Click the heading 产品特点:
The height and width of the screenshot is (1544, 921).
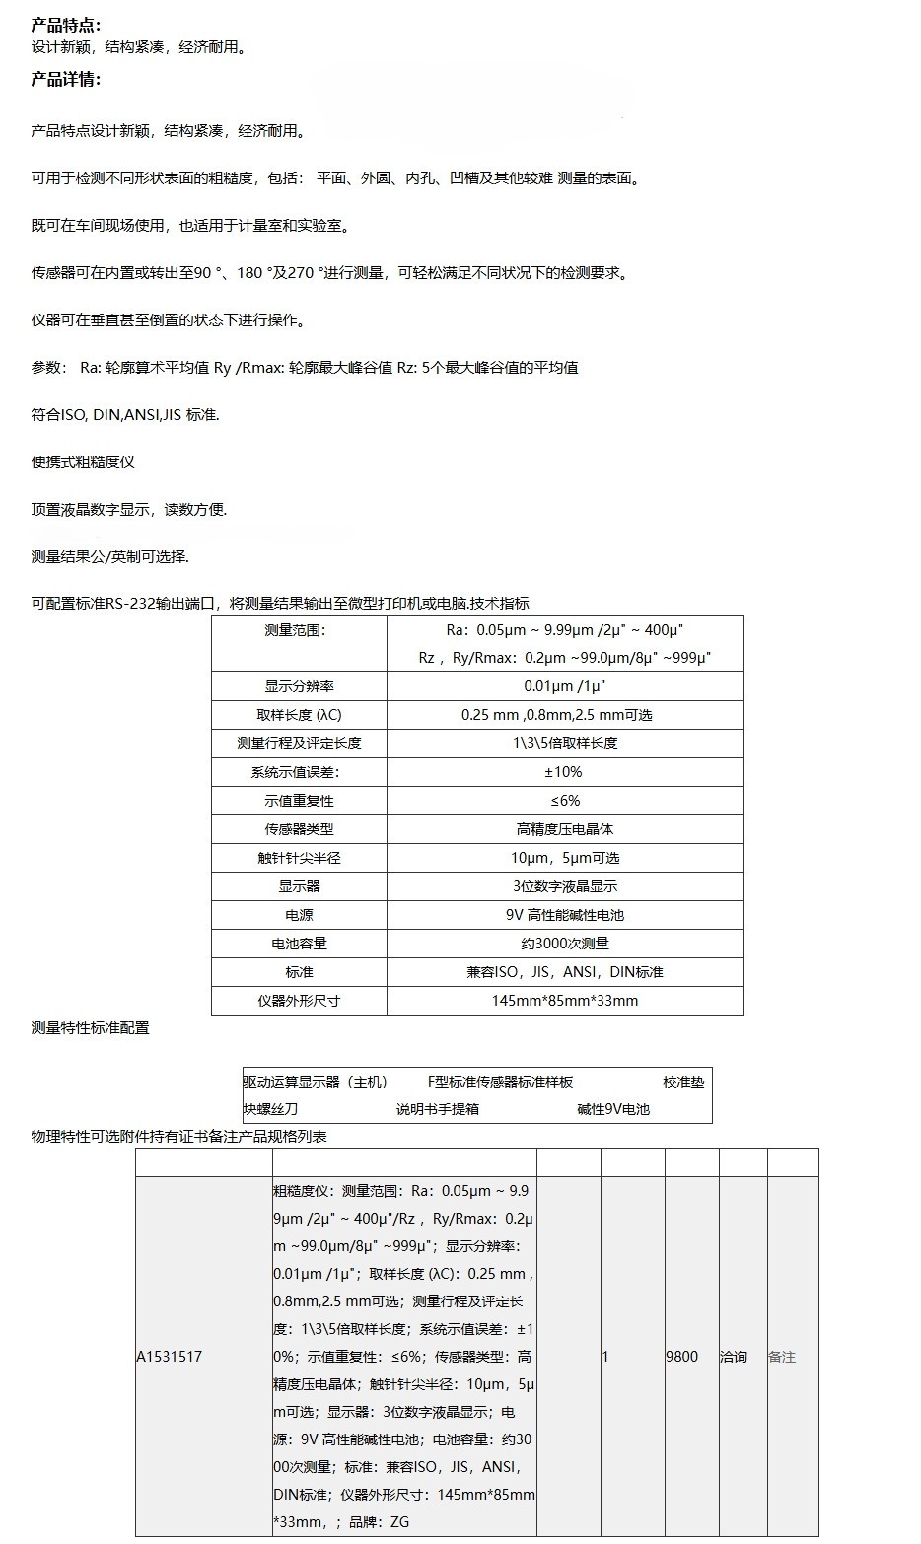coord(66,26)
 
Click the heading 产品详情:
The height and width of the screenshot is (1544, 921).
coord(66,80)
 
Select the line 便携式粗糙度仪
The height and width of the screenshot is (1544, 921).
coord(83,462)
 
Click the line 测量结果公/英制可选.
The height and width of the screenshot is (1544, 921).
coord(109,557)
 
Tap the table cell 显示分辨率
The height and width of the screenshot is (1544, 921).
coord(299,686)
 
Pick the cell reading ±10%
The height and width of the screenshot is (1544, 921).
coord(564,772)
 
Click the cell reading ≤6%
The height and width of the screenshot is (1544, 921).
coord(565,801)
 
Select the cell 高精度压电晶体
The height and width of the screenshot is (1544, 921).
coord(565,829)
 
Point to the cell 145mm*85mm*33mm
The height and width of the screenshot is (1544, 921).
coord(565,1001)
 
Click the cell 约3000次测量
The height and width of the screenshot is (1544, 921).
coord(565,944)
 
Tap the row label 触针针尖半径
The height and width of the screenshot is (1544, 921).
coord(299,858)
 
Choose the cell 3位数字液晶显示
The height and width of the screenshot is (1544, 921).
coord(565,886)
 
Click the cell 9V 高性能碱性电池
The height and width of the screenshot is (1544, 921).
coord(565,915)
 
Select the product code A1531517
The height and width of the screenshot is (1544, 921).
coord(169,1357)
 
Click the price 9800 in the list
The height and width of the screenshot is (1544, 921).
coord(681,1357)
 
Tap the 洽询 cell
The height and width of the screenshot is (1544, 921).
coord(734,1357)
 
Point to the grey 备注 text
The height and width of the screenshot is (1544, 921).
coord(781,1357)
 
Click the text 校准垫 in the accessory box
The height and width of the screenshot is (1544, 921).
coord(683,1082)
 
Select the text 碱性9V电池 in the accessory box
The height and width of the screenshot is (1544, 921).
coord(613,1109)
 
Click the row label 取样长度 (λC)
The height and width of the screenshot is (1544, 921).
coord(299,715)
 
